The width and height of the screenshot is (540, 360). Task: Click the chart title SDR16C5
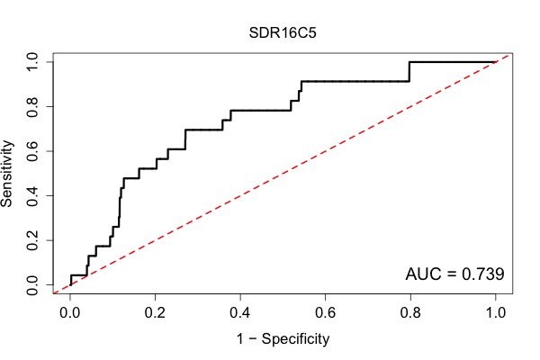283,33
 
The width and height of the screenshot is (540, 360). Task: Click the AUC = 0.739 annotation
454,274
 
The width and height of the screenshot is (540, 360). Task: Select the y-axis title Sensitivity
6,174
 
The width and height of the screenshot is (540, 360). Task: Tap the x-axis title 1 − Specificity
283,339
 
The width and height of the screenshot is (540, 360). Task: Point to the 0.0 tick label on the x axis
70,313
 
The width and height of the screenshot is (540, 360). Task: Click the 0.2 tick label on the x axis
155,313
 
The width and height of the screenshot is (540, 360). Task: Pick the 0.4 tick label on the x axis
240,313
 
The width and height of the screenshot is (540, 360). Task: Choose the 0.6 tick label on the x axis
325,313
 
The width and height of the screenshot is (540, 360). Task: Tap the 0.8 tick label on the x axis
410,313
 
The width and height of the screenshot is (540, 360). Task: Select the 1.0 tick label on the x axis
496,313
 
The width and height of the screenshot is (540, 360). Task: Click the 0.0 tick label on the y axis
32,284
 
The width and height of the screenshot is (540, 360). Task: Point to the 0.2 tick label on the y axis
32,240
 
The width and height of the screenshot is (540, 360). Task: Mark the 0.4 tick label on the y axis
32,195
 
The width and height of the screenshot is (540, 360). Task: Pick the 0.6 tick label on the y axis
32,151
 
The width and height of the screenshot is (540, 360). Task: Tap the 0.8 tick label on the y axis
32,107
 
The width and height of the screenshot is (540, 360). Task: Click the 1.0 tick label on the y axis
32,62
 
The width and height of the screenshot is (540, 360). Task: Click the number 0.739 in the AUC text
482,274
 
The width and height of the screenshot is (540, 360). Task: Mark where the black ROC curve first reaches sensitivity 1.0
409,62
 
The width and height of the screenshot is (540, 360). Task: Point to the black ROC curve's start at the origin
70,284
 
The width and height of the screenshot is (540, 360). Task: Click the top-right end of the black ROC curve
495,62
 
